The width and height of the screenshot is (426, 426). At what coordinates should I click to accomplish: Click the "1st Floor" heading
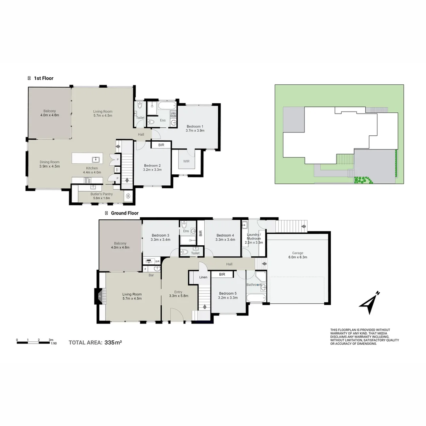43,78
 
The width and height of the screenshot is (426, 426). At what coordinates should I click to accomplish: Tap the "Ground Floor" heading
124,213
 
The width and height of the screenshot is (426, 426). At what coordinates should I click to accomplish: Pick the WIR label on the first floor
187,161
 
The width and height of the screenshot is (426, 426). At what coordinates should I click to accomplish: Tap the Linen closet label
203,277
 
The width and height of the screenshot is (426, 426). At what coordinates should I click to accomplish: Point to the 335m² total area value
113,342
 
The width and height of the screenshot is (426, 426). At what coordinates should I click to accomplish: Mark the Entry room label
178,293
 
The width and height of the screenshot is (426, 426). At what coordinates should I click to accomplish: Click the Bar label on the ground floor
151,275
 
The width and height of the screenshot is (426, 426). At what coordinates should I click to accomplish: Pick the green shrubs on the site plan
363,180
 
